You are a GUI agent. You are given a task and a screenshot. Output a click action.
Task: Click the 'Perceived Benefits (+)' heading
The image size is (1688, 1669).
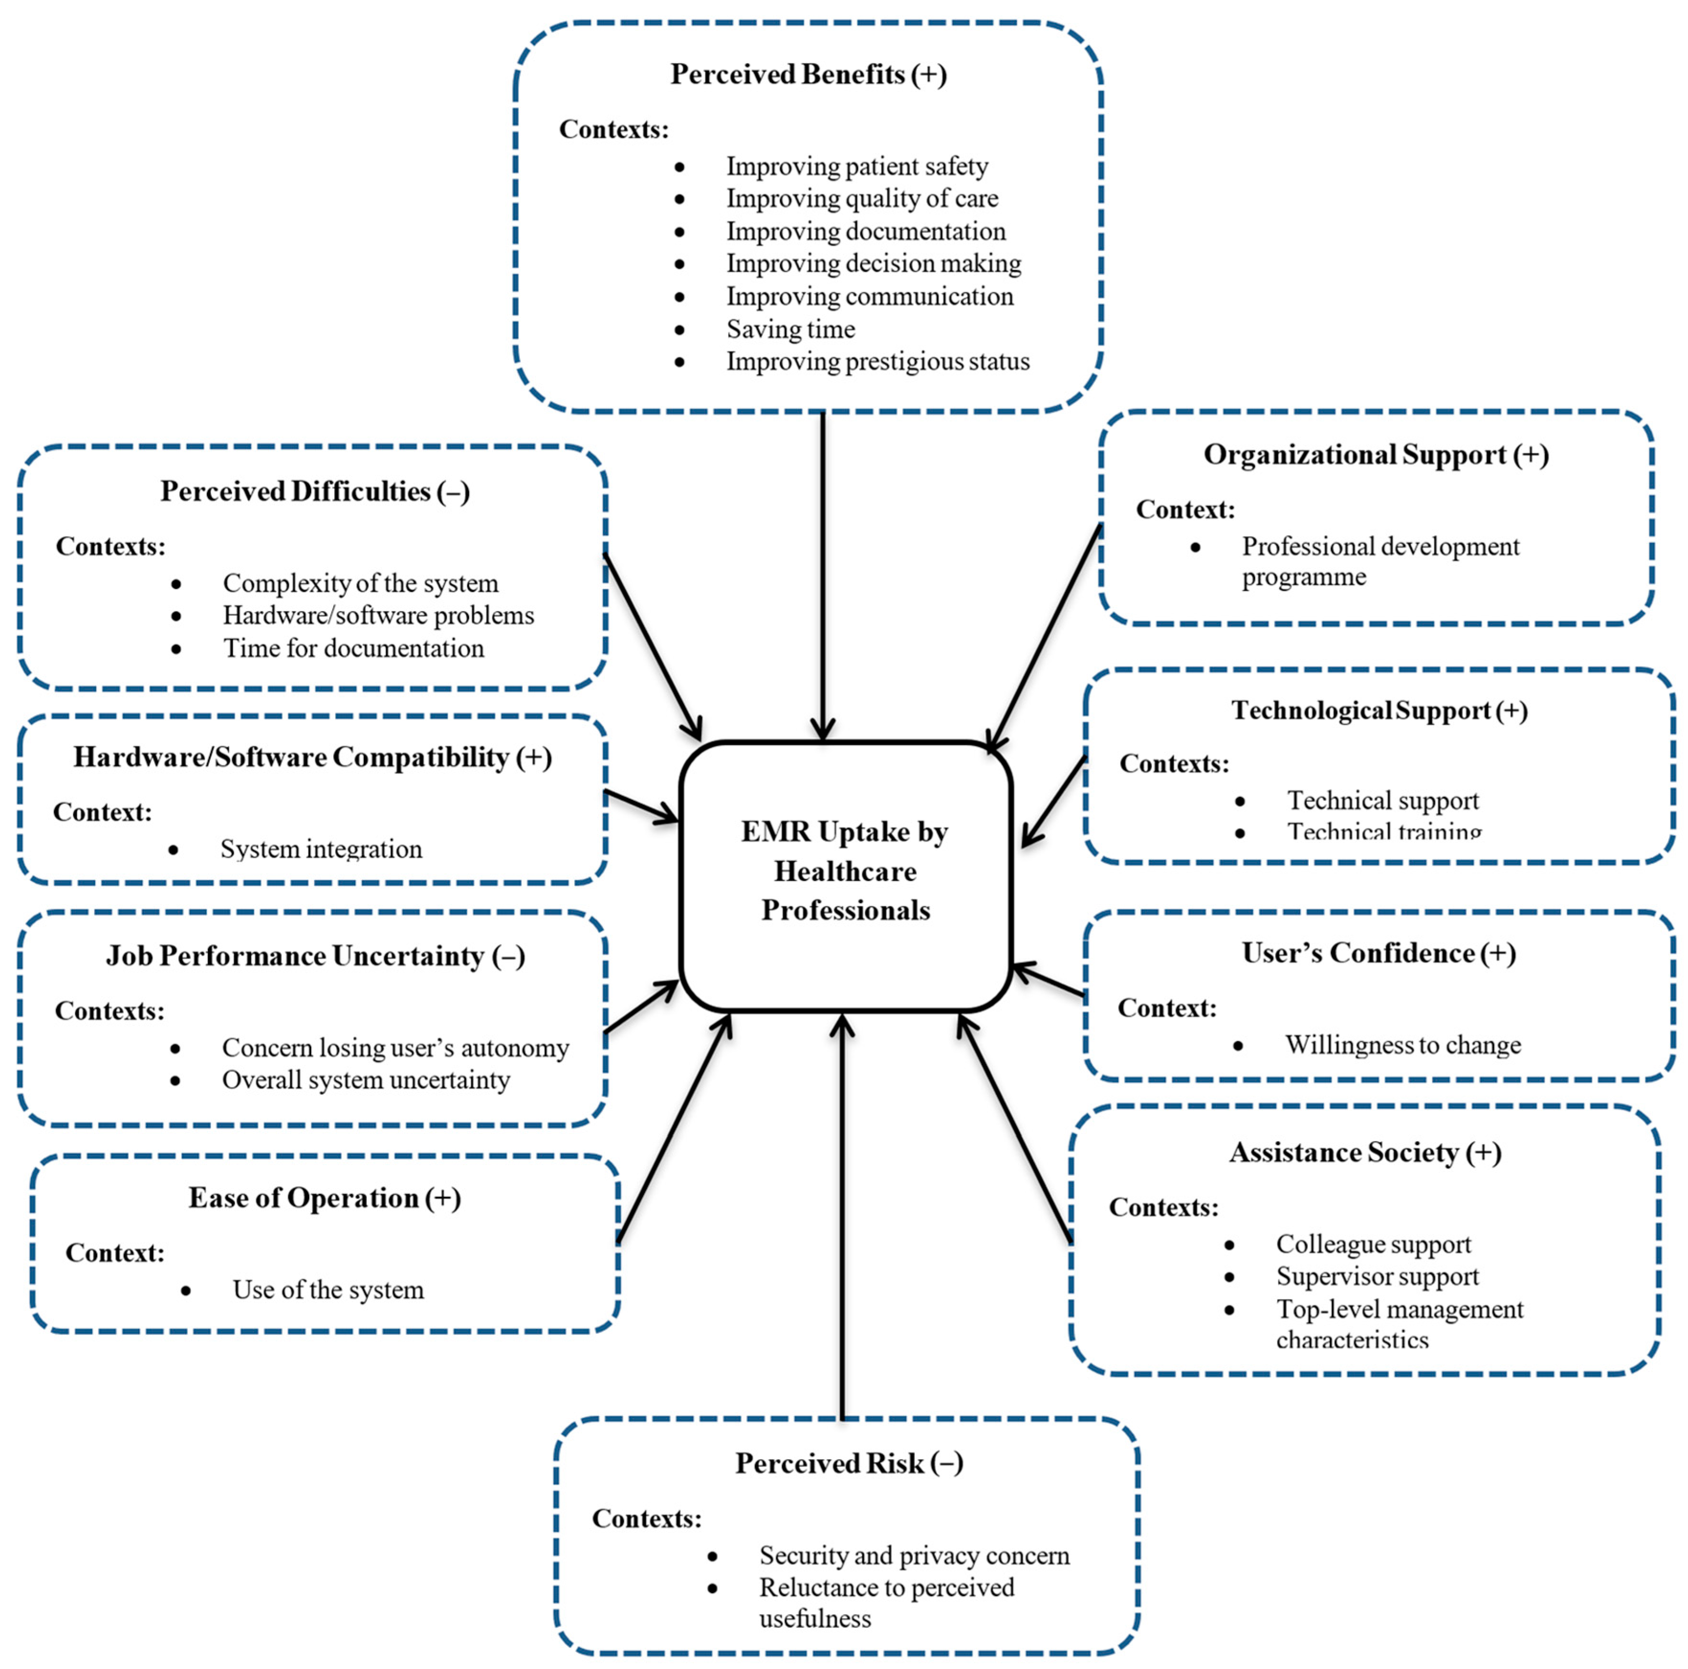coord(808,74)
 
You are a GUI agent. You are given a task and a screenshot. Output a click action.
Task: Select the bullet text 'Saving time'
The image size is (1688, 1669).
coord(791,329)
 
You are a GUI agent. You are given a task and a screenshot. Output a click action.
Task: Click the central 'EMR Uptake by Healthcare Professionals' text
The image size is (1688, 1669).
coord(845,871)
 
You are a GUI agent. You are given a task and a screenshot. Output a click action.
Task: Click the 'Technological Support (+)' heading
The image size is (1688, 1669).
coord(1379,710)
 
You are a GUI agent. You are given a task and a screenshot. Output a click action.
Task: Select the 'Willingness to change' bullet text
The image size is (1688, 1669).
coord(1402,1045)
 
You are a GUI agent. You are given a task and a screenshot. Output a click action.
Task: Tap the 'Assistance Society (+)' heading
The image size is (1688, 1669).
coord(1365,1153)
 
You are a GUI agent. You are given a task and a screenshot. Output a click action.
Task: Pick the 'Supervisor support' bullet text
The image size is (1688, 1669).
coord(1377,1276)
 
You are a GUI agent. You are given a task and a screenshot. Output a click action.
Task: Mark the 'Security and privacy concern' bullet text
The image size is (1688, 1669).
coord(914,1555)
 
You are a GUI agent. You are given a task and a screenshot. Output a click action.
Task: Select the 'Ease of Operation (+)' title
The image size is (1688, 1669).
coord(324,1198)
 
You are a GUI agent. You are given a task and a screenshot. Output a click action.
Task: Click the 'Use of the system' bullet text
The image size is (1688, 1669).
coord(327,1290)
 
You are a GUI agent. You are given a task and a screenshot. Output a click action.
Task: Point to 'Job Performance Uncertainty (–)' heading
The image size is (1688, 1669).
coord(316,956)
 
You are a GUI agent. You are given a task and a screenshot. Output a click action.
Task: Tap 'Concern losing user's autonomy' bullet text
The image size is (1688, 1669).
coord(395,1047)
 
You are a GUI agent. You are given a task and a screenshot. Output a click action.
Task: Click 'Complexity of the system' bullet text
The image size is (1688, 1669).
coord(360,583)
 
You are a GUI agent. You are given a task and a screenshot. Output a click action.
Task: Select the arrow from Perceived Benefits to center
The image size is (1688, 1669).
coord(822,577)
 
